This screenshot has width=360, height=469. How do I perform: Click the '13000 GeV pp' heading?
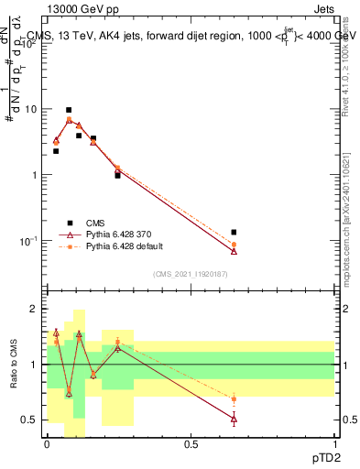tap(75, 8)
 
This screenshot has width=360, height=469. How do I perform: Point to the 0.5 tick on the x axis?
tap(191, 443)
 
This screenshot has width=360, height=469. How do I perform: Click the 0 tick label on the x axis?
tap(47, 443)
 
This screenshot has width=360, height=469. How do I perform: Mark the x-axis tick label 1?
tap(335, 443)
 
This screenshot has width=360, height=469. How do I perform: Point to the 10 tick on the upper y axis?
tap(30, 109)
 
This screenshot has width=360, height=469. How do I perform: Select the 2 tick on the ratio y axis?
tap(33, 309)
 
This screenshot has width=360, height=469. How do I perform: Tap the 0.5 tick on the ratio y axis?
tap(29, 420)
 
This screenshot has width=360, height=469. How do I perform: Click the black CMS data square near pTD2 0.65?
tap(234, 232)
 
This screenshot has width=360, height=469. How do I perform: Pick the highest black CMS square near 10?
tap(69, 110)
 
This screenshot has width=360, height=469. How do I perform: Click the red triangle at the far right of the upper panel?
tap(234, 251)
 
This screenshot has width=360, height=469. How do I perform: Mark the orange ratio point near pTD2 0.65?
tap(234, 399)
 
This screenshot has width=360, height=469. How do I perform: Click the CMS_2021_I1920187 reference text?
tap(191, 273)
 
